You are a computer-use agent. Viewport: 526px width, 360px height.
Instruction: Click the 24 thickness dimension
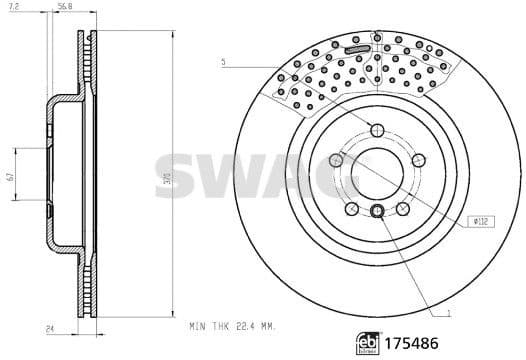click(48, 326)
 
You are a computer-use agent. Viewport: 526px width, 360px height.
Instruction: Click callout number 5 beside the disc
click(225, 62)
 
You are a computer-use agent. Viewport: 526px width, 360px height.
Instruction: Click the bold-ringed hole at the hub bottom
click(377, 210)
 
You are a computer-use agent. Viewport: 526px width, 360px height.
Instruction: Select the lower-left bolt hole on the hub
click(352, 207)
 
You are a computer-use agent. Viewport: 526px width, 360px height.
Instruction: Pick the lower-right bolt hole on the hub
click(402, 207)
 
